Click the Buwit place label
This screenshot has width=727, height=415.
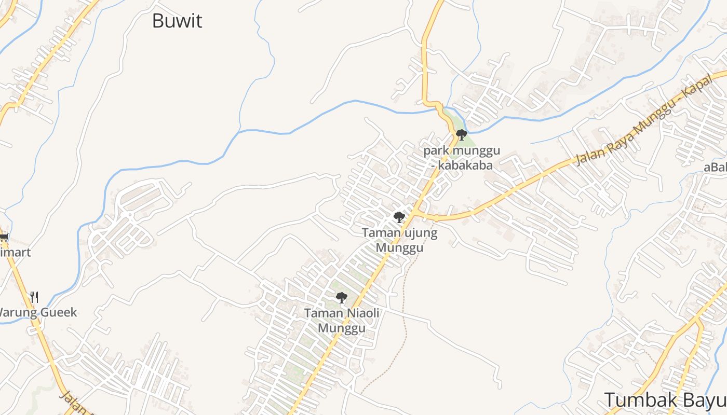coord(177,21)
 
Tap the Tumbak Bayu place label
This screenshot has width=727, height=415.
coord(665,400)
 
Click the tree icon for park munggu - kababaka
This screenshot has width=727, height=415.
coord(461,135)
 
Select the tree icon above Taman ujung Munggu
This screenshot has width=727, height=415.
coord(399,217)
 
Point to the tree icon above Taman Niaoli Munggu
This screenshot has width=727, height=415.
coord(341,297)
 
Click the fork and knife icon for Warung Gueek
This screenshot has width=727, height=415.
coord(34,297)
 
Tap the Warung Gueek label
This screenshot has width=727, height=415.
coord(37,312)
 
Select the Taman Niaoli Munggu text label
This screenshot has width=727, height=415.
coord(342,321)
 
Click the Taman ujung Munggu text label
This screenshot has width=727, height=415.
coord(399,240)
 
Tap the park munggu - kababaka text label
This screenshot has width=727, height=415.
coord(462,158)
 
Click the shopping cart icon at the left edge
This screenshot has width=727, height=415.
coord(4,237)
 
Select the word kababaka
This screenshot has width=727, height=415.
coord(465,165)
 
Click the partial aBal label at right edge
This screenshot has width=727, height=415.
coord(715,167)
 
